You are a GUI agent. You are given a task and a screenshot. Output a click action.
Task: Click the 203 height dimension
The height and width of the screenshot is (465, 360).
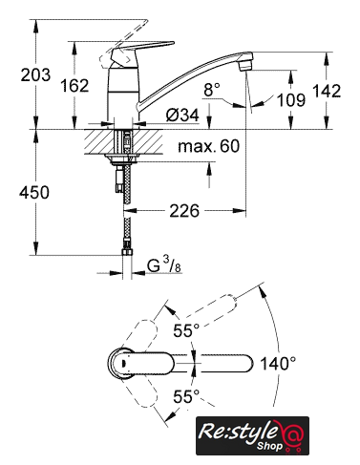click(35, 74)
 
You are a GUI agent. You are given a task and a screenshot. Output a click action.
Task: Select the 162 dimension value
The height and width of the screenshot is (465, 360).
click(74, 85)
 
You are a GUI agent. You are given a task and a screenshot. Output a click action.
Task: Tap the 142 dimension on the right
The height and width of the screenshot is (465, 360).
click(327, 91)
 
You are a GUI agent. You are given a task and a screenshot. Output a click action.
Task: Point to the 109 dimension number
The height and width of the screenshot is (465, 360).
click(291, 99)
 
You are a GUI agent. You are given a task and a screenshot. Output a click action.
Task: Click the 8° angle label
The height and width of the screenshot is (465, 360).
click(212, 90)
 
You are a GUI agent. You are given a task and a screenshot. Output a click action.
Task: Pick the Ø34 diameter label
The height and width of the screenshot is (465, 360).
click(182, 115)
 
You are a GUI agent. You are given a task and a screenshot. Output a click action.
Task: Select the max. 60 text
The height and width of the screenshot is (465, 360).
click(208, 146)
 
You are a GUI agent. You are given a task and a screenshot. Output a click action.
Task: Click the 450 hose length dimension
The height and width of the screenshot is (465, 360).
click(34, 192)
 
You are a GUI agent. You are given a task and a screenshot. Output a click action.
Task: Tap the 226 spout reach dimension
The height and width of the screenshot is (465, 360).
click(184, 211)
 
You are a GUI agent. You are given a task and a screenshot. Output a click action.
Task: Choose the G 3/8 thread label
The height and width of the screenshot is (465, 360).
click(164, 266)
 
